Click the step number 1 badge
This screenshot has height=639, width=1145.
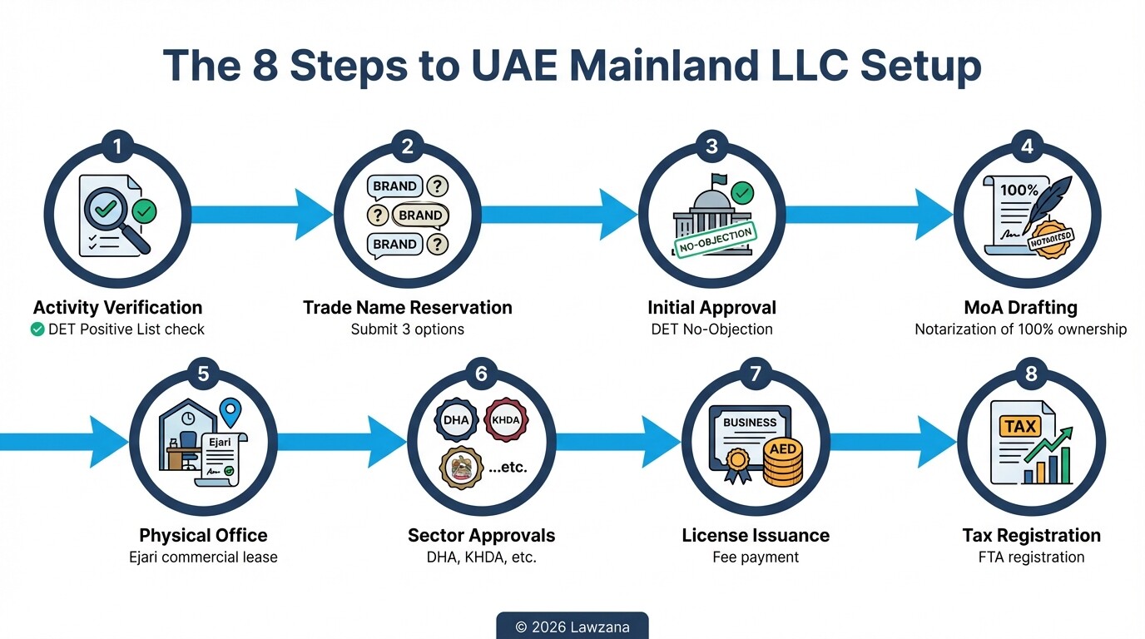tap(117, 147)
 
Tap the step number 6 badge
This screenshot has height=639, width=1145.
tap(481, 374)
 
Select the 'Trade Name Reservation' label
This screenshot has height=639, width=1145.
tap(407, 308)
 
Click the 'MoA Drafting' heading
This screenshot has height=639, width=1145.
tap(1020, 308)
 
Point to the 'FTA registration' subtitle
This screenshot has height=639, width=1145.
tap(1031, 557)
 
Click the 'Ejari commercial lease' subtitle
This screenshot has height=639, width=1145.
tap(203, 557)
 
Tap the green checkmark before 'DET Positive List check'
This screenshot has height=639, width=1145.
tap(37, 329)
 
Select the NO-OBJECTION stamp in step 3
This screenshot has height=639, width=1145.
tap(714, 240)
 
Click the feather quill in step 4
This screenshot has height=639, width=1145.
tap(1050, 201)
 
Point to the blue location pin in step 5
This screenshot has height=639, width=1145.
tap(230, 412)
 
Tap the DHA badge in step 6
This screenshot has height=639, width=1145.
tap(455, 420)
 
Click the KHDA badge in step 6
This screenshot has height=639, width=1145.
tap(505, 420)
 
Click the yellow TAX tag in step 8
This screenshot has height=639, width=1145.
tap(1019, 427)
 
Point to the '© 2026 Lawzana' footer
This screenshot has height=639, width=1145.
tap(572, 627)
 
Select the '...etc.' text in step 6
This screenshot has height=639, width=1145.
tap(508, 468)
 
